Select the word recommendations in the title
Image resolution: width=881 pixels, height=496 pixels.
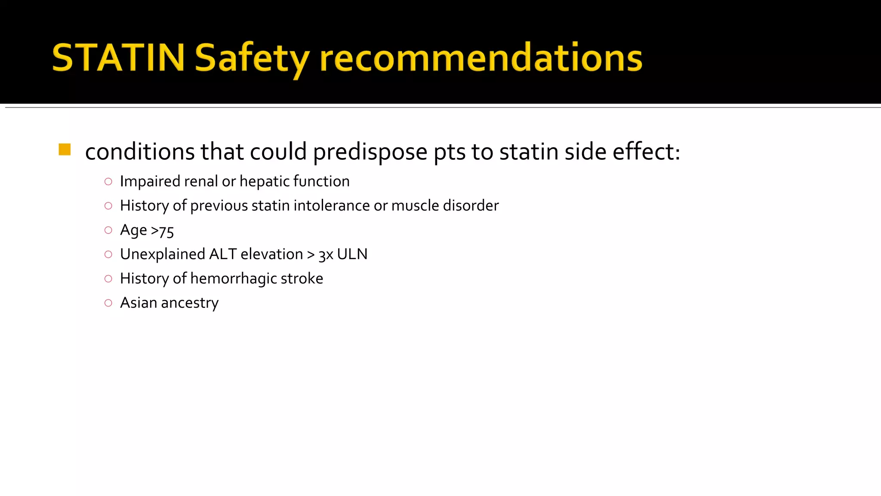pyautogui.click(x=481, y=58)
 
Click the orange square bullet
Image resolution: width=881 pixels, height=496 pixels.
pyautogui.click(x=65, y=150)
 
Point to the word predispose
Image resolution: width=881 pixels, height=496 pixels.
pyautogui.click(x=370, y=152)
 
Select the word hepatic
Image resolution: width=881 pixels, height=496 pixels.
pyautogui.click(x=265, y=181)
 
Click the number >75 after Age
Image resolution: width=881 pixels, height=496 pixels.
pyautogui.click(x=162, y=231)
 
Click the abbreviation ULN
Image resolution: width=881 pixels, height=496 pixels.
pyautogui.click(x=352, y=254)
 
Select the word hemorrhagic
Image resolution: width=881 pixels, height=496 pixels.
pyautogui.click(x=234, y=279)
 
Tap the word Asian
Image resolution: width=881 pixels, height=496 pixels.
pyautogui.click(x=139, y=303)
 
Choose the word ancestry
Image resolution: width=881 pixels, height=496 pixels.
pyautogui.click(x=190, y=303)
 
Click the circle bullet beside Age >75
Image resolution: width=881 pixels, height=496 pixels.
pyautogui.click(x=108, y=230)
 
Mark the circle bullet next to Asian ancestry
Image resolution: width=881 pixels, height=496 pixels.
pyautogui.click(x=108, y=303)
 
